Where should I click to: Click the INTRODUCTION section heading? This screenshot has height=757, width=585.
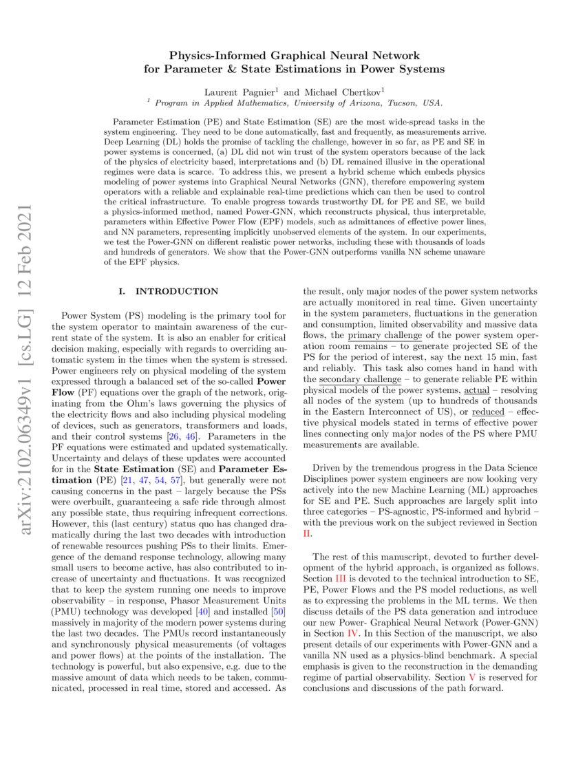[x=177, y=291]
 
